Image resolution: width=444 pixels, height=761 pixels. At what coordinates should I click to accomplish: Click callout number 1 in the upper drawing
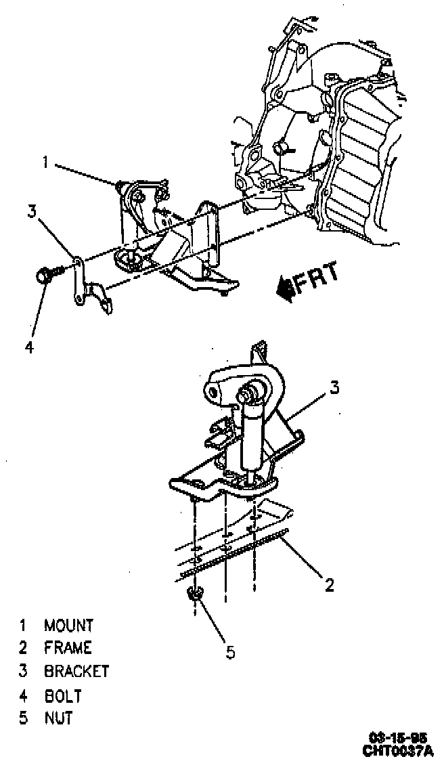[x=46, y=162]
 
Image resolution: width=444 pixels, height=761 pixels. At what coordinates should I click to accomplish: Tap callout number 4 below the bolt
[x=29, y=347]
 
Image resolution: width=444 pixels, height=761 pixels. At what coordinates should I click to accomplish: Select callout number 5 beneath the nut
[x=230, y=652]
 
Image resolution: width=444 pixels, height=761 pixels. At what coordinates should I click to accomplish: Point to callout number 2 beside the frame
[x=330, y=585]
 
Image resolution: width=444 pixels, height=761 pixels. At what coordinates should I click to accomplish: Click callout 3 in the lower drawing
[x=334, y=387]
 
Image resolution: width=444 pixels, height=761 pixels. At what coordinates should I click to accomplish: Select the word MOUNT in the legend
[x=68, y=625]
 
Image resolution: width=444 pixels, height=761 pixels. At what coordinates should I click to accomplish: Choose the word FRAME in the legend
[x=68, y=648]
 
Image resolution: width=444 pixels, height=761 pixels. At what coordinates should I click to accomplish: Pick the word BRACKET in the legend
[x=76, y=672]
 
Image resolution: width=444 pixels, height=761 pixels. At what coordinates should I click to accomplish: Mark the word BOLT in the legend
[x=63, y=695]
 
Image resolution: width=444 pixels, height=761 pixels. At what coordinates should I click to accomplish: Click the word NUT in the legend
[x=59, y=718]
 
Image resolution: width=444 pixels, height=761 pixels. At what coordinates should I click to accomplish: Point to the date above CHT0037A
[x=399, y=738]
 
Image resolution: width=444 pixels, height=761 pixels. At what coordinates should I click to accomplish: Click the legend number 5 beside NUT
[x=24, y=718]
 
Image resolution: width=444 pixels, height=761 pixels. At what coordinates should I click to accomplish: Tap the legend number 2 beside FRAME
[x=24, y=648]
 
